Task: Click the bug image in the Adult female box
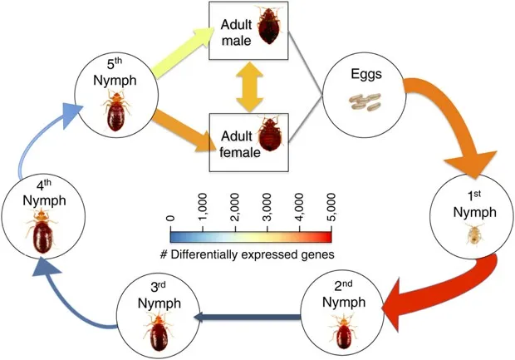coord(270,137)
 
